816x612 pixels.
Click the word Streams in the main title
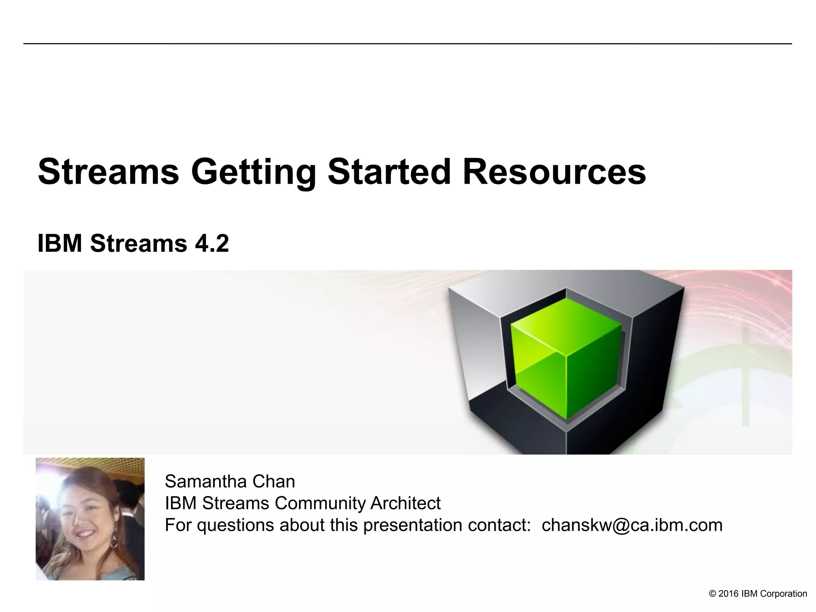(x=108, y=172)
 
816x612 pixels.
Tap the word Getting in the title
(x=253, y=172)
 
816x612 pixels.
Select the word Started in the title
(x=389, y=172)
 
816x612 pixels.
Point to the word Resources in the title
(x=554, y=172)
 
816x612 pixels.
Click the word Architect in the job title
(x=405, y=503)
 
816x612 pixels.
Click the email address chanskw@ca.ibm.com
(x=632, y=525)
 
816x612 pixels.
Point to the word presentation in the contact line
(x=413, y=525)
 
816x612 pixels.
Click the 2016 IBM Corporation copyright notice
(x=758, y=594)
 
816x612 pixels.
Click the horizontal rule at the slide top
(x=407, y=43)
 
